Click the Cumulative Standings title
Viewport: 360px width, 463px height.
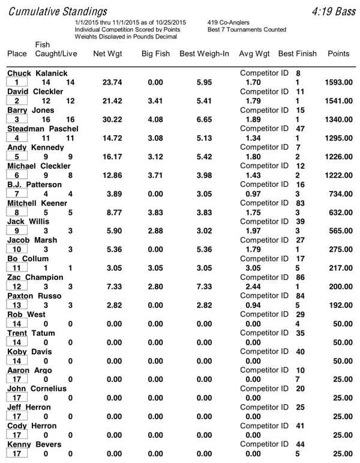coord(58,11)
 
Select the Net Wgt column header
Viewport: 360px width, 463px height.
coord(108,54)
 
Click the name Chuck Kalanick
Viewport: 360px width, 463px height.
coord(36,73)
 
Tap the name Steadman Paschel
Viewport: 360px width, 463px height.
coord(43,129)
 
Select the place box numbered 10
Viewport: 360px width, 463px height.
coord(18,250)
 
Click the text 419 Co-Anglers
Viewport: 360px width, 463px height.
coord(228,22)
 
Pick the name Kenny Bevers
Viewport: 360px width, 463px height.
coord(33,445)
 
